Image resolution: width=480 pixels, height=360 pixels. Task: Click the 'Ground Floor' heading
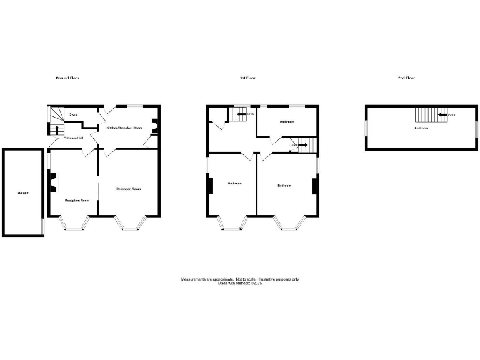point(67,78)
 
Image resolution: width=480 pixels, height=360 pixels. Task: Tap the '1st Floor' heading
point(247,78)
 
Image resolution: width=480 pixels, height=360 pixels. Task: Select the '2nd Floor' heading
point(406,78)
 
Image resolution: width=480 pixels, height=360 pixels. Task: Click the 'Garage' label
point(23,192)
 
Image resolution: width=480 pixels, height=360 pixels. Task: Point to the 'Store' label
point(73,115)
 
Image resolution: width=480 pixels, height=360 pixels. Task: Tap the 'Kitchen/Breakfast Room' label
point(124,127)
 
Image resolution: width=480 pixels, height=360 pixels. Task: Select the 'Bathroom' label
point(287,122)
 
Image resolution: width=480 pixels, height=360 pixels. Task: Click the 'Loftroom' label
point(421,128)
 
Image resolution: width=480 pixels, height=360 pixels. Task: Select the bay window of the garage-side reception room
point(74,224)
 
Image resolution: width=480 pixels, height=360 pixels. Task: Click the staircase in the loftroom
point(426,115)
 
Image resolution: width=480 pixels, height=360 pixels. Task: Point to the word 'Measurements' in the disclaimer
point(194,279)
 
